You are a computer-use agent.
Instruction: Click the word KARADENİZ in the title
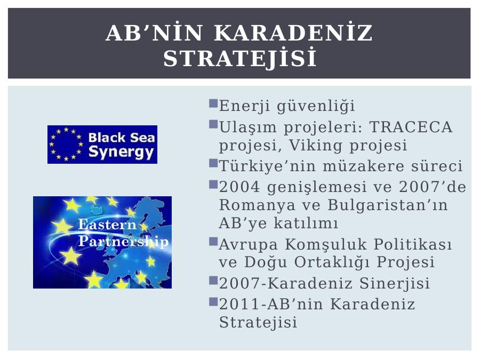click(x=293, y=33)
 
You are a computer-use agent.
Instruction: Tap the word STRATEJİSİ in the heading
click(x=239, y=58)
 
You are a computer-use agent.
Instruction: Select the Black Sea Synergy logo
click(x=102, y=145)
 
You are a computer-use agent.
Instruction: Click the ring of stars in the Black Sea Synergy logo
click(x=66, y=144)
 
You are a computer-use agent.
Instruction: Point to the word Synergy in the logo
click(x=121, y=152)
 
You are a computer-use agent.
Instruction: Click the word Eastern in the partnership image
click(x=107, y=225)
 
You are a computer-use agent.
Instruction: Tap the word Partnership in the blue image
click(x=123, y=241)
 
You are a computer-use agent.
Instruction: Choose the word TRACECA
click(x=411, y=127)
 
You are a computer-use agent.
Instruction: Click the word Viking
click(x=315, y=145)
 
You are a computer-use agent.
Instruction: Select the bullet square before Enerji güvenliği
click(x=213, y=103)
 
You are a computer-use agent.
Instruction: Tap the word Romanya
click(x=257, y=205)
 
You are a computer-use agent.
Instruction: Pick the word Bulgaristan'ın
click(x=388, y=204)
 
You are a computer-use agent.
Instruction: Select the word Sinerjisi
click(x=394, y=283)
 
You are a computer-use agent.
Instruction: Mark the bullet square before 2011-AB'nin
click(x=213, y=302)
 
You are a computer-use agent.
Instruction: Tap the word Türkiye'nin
click(x=267, y=166)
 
